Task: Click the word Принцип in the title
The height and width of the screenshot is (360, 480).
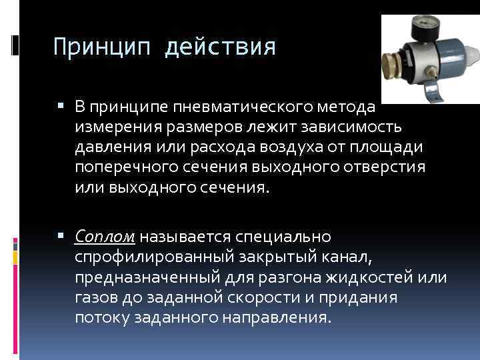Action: pos(101,47)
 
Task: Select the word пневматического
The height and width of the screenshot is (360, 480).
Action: pos(246,107)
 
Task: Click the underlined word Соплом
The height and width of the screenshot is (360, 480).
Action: pos(105,237)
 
